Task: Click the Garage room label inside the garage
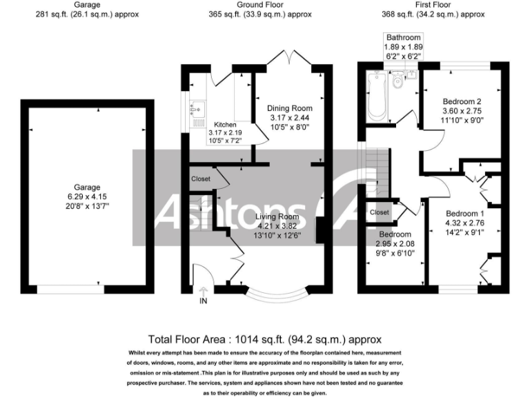[88, 187]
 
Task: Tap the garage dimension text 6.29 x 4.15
[88, 196]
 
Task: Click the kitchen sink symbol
[196, 109]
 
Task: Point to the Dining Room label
[289, 108]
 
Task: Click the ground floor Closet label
[201, 179]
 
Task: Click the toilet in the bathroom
[397, 83]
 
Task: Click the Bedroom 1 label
[464, 213]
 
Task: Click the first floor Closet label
[380, 213]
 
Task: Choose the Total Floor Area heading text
[264, 339]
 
